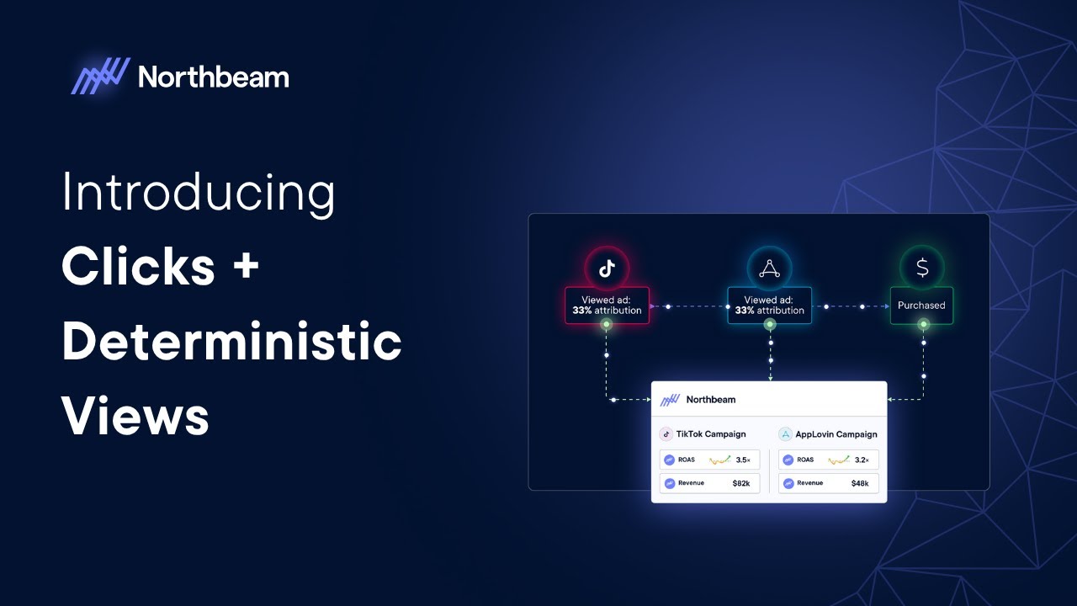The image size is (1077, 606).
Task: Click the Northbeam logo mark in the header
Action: (x=101, y=77)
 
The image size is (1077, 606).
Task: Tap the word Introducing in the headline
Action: (x=199, y=193)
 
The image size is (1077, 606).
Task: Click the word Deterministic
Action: (x=231, y=342)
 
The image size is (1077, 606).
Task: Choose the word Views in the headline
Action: (x=135, y=416)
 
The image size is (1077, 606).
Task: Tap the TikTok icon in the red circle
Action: (x=607, y=268)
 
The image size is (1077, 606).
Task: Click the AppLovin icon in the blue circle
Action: (x=769, y=268)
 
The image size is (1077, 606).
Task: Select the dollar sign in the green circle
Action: (x=922, y=268)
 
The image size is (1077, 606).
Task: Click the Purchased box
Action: (x=921, y=306)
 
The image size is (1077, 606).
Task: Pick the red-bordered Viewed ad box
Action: (x=607, y=306)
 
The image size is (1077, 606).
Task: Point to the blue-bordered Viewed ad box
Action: (x=769, y=306)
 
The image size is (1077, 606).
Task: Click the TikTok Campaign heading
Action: (x=712, y=434)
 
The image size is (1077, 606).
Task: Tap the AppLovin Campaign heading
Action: (x=836, y=434)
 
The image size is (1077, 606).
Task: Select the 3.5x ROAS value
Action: (x=743, y=460)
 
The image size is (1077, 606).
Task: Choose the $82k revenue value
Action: (x=741, y=483)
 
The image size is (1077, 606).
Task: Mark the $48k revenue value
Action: (x=860, y=483)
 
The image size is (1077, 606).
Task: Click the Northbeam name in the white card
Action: (x=710, y=400)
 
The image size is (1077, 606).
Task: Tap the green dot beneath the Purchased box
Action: (x=923, y=324)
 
